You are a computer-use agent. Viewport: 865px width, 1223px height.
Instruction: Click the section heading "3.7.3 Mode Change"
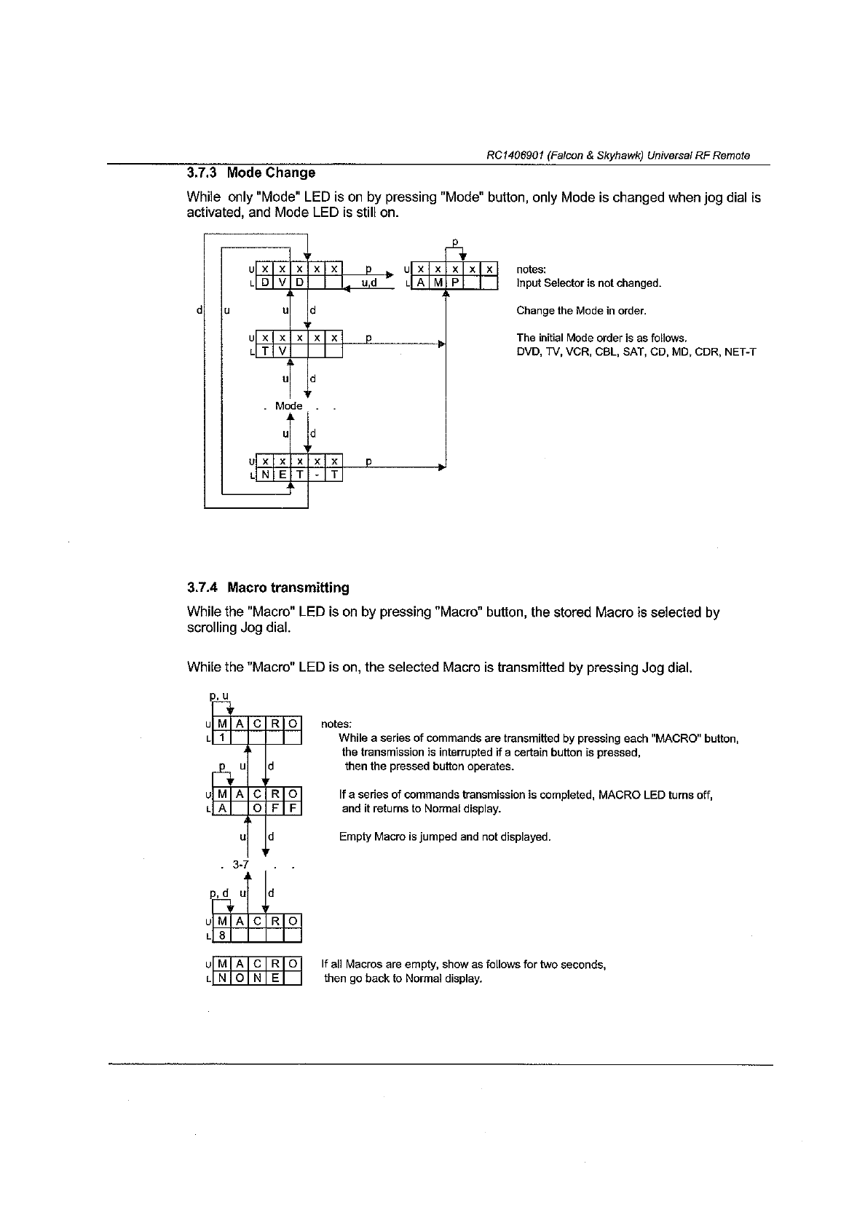click(x=251, y=173)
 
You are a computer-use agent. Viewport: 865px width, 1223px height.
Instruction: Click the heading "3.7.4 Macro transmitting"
click(x=268, y=587)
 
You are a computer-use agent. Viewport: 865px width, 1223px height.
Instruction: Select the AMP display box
click(x=454, y=275)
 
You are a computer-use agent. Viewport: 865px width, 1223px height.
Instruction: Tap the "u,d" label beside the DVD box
click(x=368, y=283)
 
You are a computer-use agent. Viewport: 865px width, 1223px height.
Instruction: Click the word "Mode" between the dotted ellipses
click(x=288, y=405)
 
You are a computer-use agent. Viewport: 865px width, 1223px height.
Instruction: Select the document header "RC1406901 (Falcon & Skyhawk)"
click(x=617, y=155)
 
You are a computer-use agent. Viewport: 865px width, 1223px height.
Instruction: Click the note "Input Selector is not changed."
click(x=588, y=282)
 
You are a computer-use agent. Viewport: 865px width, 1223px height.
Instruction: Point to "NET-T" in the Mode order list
click(x=740, y=352)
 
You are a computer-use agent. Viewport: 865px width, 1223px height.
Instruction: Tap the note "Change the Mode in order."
click(x=581, y=311)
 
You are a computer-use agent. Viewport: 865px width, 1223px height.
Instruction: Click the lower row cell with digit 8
click(x=221, y=935)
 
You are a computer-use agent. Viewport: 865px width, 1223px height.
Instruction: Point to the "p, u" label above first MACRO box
click(x=219, y=697)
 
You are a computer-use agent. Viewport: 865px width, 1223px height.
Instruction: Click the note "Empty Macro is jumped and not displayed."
click(x=444, y=837)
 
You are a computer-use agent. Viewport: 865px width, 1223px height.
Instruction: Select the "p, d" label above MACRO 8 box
click(x=219, y=892)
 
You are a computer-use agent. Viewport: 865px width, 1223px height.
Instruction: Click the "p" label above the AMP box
click(x=456, y=241)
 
